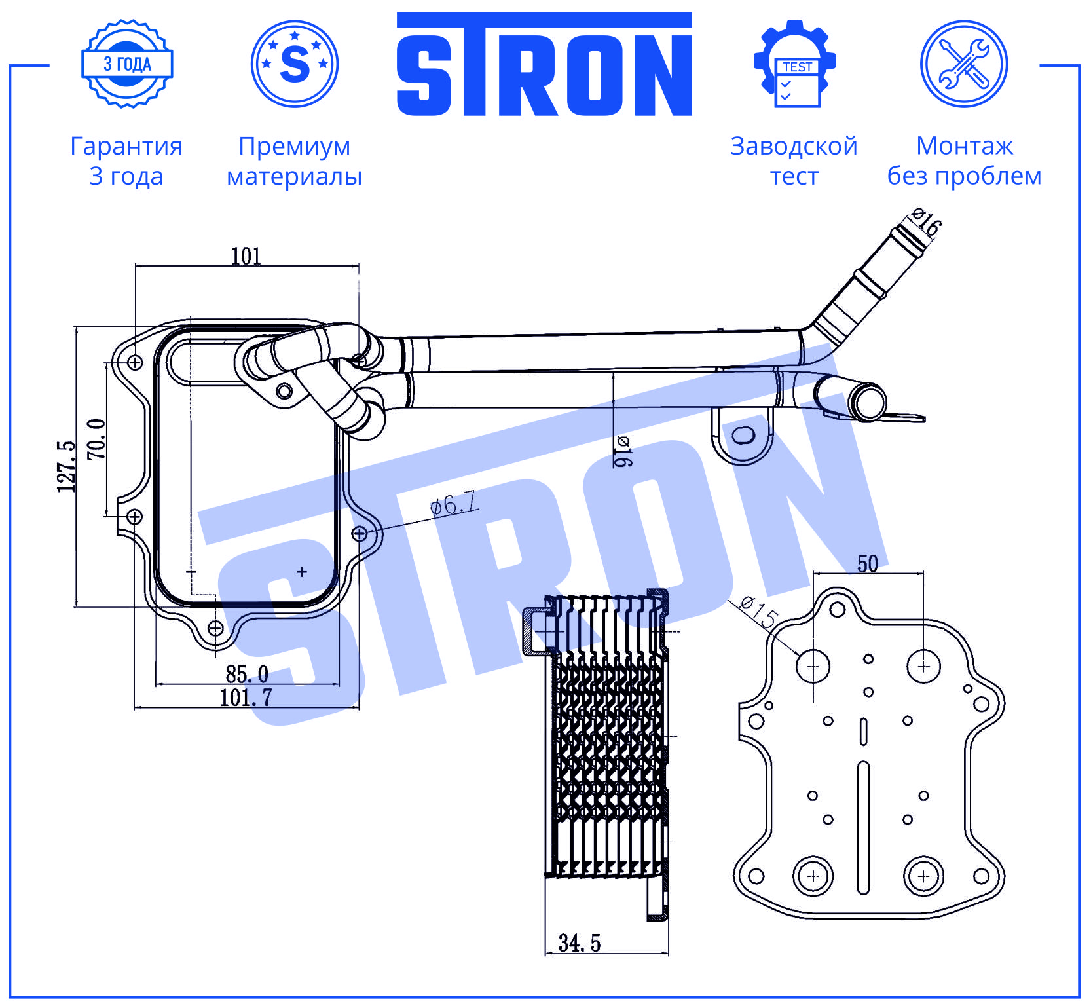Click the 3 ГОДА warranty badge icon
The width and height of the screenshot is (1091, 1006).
[127, 64]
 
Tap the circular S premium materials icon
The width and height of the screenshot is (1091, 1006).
[295, 64]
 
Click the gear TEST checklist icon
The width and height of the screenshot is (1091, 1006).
[794, 64]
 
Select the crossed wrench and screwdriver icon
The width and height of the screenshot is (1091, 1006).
[964, 64]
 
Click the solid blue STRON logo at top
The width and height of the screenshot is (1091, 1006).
[544, 64]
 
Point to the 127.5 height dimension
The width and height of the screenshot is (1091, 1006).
[67, 466]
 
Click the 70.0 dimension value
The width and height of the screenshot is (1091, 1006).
[97, 438]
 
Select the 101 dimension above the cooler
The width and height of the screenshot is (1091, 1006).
[246, 256]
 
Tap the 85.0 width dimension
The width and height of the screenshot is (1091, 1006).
[247, 674]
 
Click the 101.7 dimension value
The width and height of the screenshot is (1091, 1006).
[246, 698]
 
